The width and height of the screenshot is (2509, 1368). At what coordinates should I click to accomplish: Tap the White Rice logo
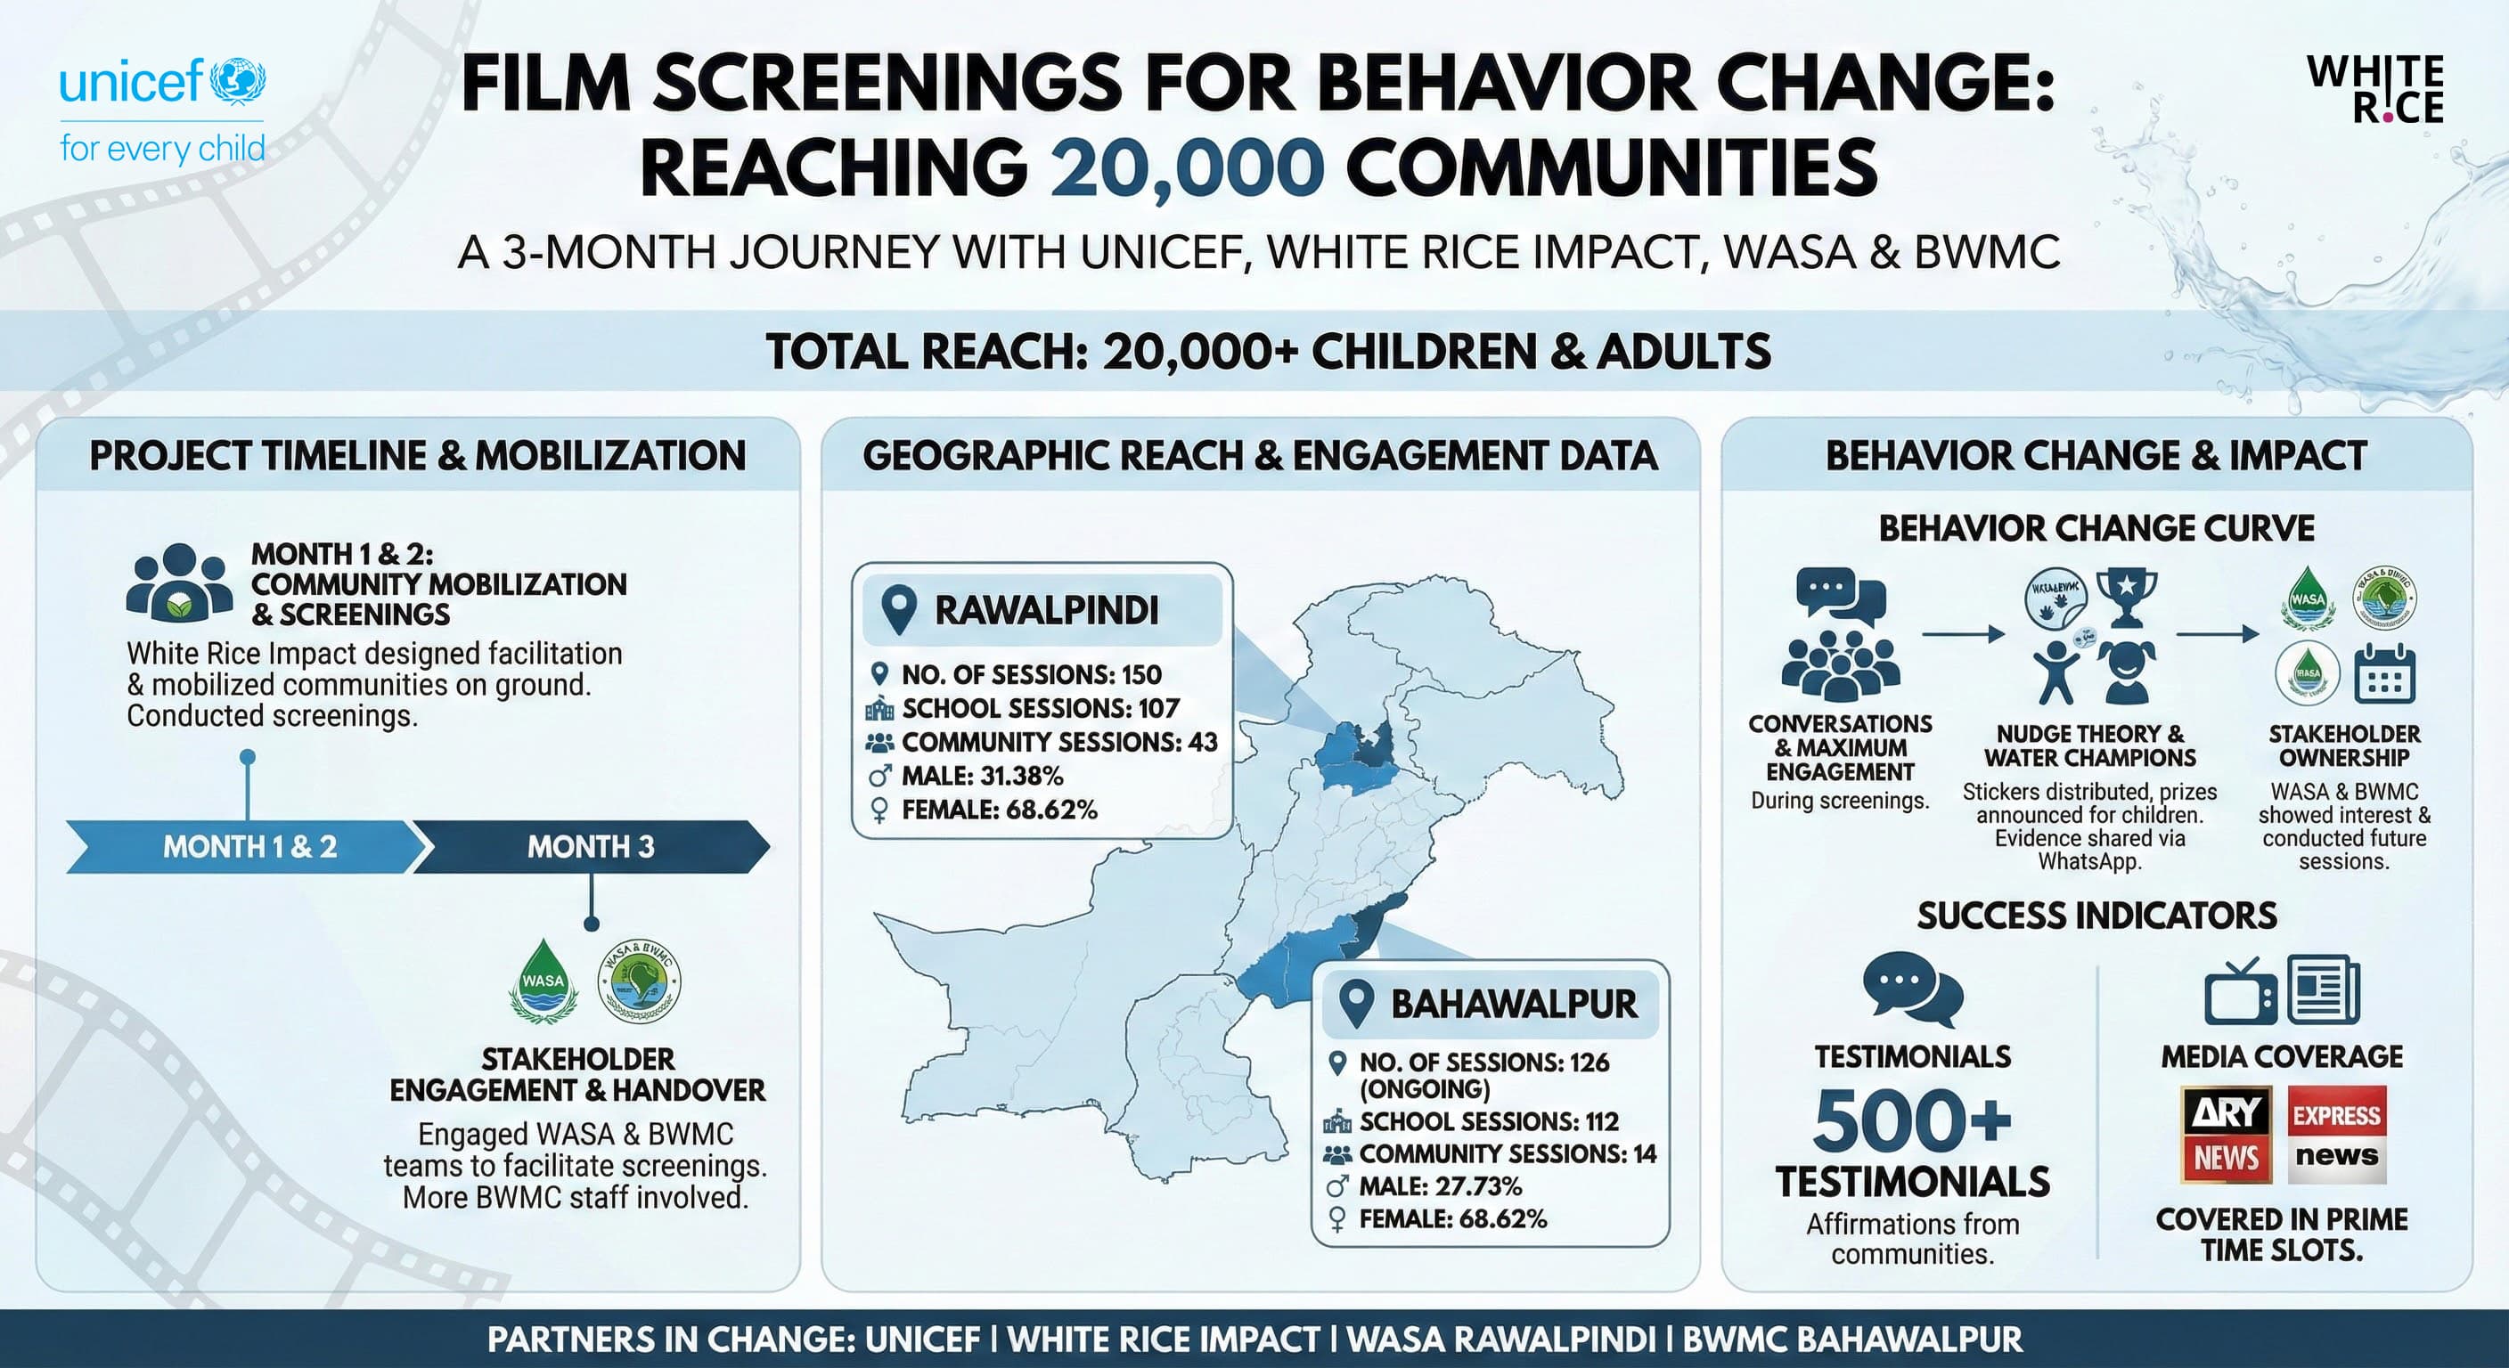pos(2375,90)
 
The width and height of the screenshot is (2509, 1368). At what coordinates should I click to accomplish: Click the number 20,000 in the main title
pos(1186,167)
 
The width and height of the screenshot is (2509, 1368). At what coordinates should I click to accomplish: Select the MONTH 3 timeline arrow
pos(590,846)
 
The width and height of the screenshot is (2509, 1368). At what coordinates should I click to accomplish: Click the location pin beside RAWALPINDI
pos(898,610)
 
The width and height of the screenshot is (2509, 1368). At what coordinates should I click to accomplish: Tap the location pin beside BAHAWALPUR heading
pos(1356,1003)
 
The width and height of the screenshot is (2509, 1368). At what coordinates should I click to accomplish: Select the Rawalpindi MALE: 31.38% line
pos(981,776)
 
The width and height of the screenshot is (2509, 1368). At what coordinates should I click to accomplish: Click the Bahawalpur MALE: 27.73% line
pos(1439,1186)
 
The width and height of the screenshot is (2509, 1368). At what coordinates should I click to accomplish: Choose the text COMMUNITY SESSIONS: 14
pos(1507,1153)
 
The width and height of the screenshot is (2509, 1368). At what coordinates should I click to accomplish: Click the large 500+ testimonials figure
pos(1911,1120)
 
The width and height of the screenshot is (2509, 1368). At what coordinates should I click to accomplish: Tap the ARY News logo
pos(2227,1135)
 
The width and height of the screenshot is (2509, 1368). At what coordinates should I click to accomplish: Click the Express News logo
pos(2335,1135)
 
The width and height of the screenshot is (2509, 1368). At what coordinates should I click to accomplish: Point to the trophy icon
pos(2126,597)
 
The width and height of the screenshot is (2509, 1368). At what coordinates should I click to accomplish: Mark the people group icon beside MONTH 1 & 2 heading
pos(179,583)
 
